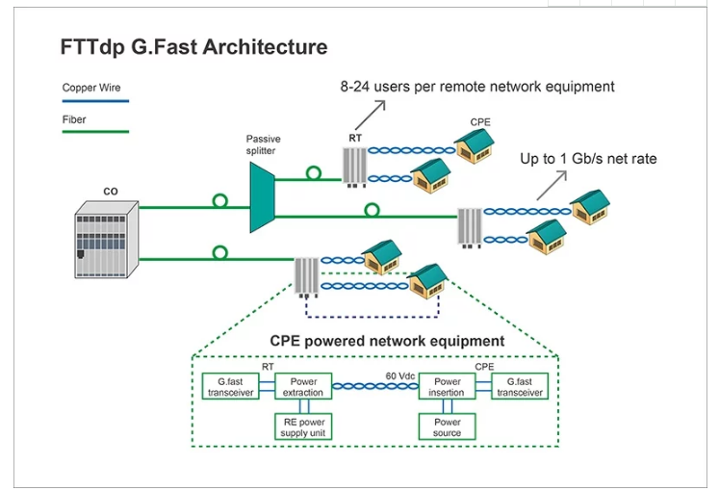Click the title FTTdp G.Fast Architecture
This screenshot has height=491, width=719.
click(194, 47)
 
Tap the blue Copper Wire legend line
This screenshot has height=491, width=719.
click(95, 101)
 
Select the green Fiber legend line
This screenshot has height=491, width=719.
click(95, 132)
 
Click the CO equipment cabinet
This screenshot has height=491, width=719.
click(107, 240)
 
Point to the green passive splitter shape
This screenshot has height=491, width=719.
click(262, 197)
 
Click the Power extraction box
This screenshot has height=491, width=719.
click(303, 386)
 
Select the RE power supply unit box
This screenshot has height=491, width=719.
click(303, 426)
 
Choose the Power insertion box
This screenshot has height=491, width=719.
click(447, 386)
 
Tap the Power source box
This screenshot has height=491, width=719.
click(447, 426)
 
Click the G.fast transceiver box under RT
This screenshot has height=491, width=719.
click(231, 386)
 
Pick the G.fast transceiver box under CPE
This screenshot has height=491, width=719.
click(520, 386)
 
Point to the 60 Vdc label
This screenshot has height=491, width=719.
click(399, 376)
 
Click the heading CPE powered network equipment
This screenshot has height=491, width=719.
click(387, 341)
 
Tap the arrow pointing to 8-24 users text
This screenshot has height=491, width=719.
click(370, 116)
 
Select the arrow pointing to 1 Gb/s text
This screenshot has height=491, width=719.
click(552, 185)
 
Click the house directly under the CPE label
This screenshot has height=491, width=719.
click(475, 145)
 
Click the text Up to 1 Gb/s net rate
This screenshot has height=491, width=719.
click(588, 159)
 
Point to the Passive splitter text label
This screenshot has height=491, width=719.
click(263, 144)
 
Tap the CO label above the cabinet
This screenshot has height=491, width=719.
click(111, 192)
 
